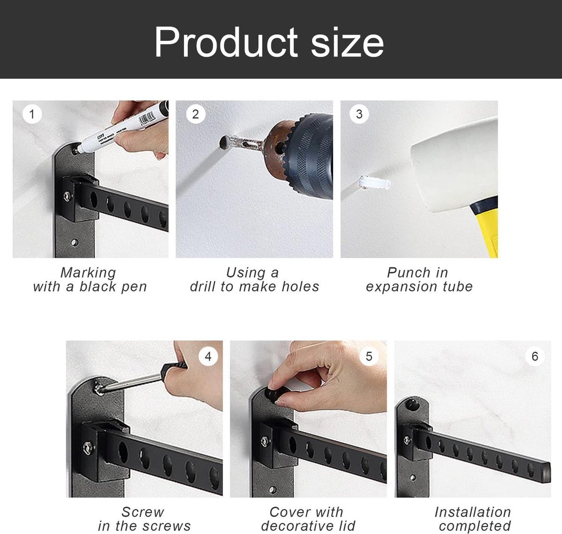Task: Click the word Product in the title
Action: click(226, 42)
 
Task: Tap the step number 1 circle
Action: click(32, 114)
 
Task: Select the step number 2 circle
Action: click(195, 114)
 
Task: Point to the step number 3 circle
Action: click(359, 114)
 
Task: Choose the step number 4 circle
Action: click(208, 356)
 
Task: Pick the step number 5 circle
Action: click(369, 356)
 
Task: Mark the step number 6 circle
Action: click(535, 356)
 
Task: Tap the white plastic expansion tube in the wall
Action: click(375, 183)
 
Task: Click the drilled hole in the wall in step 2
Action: click(224, 143)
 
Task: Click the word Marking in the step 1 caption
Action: click(88, 273)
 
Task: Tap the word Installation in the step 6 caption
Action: click(473, 512)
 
